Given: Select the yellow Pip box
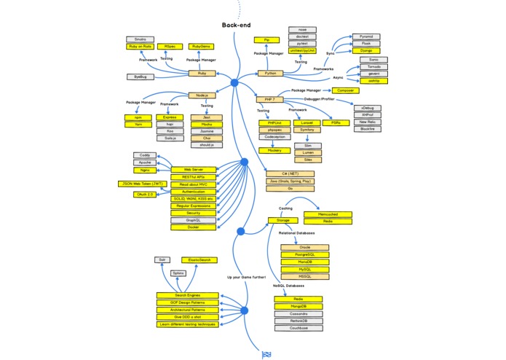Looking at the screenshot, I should [x=266, y=39].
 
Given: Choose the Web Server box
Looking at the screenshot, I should [x=193, y=169].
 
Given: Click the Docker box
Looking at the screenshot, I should [x=193, y=227].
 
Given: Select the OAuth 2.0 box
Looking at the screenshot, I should [x=146, y=195].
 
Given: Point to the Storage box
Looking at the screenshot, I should [x=283, y=219].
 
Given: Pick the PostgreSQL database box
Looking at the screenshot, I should [x=304, y=254].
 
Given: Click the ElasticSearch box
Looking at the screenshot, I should [x=199, y=259].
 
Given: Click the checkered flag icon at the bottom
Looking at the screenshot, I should [x=266, y=355].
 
